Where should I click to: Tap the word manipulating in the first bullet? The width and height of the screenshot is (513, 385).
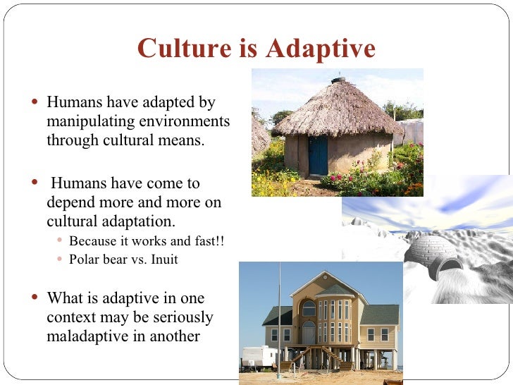pos(87,121)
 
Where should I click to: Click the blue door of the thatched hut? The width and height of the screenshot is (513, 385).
pos(318,156)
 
